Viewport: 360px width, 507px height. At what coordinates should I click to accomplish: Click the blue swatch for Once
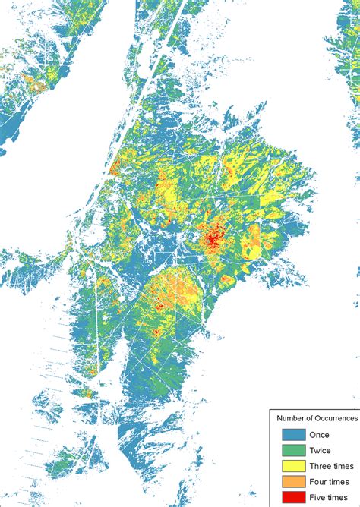293,435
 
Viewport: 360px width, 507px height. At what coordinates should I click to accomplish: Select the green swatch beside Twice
293,450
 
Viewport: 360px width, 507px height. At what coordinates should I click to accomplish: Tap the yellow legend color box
293,466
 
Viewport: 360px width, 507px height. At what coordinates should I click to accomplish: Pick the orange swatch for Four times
293,482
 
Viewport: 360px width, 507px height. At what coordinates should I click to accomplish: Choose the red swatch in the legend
293,497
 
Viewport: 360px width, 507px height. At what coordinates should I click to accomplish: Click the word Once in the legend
319,435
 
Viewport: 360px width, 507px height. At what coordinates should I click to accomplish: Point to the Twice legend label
321,450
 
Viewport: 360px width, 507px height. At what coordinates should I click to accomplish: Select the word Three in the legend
321,466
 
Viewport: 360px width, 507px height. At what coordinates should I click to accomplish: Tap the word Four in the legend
318,482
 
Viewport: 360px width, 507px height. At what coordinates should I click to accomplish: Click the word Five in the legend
317,497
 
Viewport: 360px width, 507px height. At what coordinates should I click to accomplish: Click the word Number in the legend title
291,417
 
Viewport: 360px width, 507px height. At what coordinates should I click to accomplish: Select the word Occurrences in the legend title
337,417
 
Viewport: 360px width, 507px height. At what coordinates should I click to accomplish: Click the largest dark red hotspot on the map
213,240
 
